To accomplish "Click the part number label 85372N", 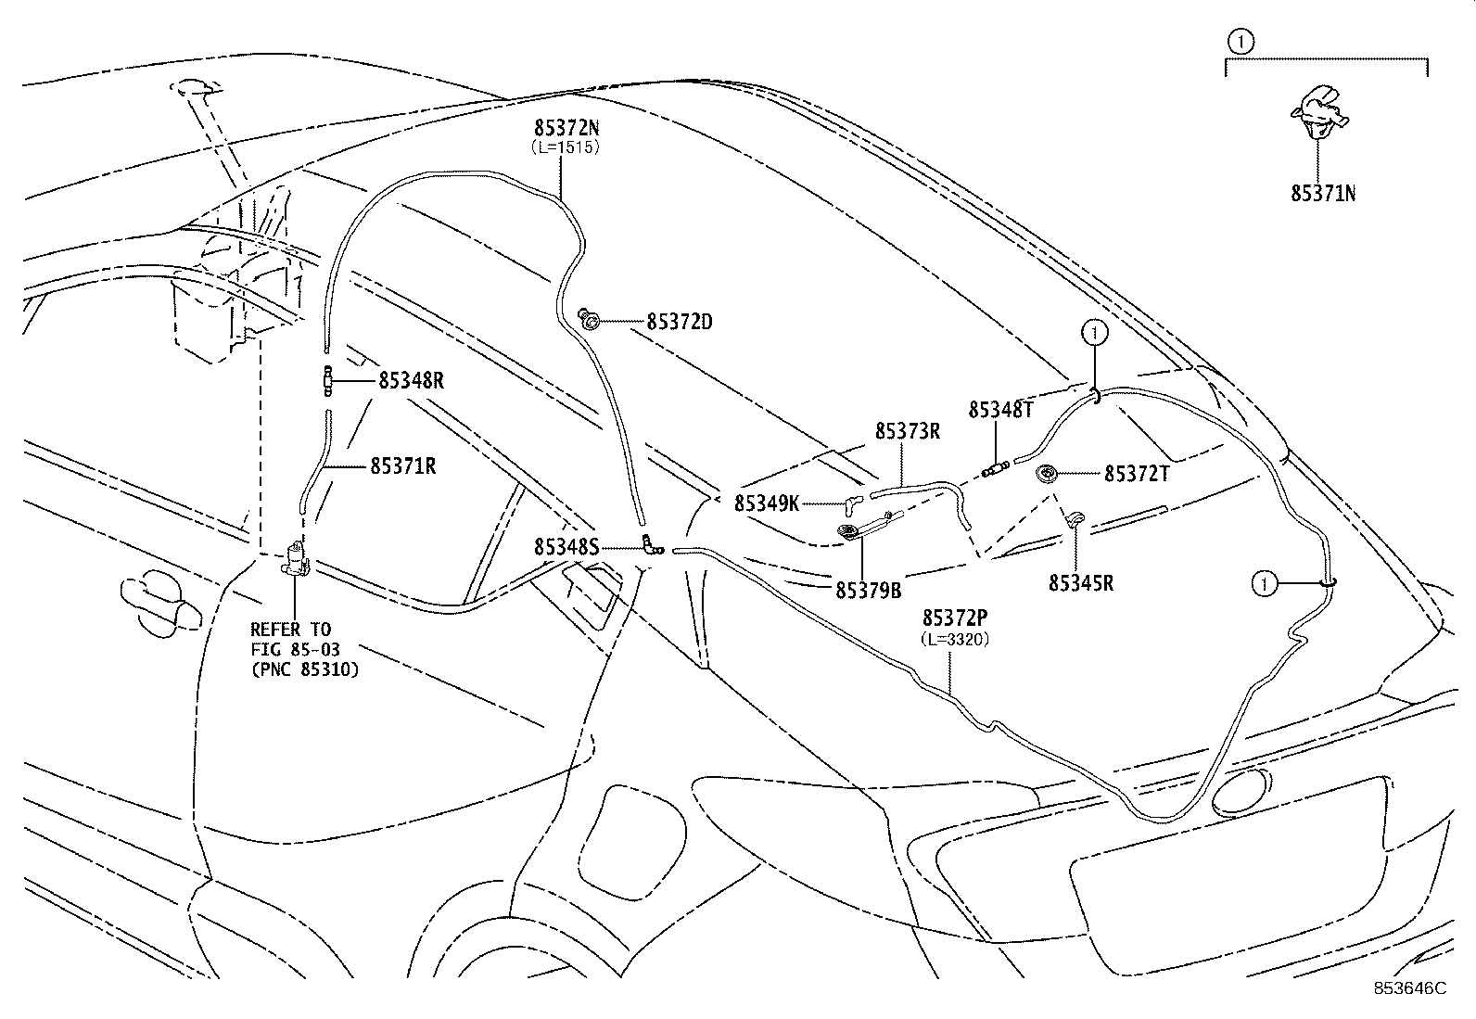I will pos(566,129).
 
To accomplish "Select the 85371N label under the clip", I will pos(1324,193).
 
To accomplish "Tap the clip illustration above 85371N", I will pos(1318,110).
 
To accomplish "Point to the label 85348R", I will pos(411,380).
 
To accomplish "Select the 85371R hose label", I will pos(402,465).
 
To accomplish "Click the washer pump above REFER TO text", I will pos(297,560).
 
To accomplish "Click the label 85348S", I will pos(566,547).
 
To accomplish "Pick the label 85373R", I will pos(908,431).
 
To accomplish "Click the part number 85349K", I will pos(767,503).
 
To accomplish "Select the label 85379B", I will pos(868,589).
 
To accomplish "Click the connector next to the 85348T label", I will pos(996,467).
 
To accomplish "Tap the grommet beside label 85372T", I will pos(1049,474).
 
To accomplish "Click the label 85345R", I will pos(1081,582).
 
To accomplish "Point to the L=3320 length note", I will pos(953,639).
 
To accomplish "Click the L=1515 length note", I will pos(566,146).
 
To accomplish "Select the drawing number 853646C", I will pos(1409,988).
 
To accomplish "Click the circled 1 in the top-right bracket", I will pos(1241,41).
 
